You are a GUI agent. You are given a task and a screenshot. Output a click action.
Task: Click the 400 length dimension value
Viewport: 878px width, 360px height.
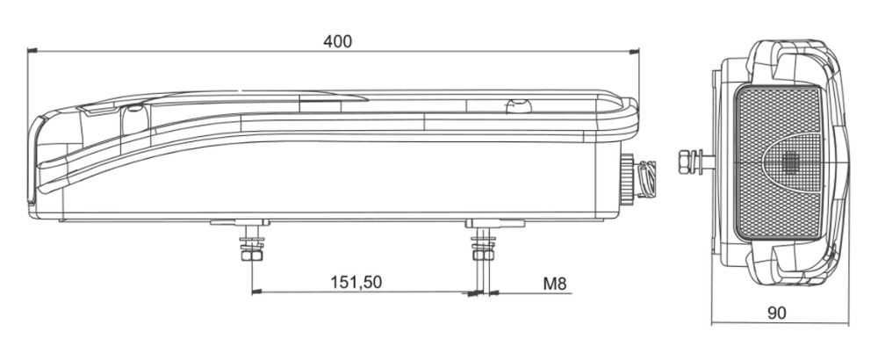(x=337, y=41)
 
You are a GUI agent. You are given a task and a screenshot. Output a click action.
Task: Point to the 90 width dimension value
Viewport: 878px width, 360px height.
(x=777, y=313)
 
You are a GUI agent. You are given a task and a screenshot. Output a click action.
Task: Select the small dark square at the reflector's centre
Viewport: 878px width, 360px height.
(x=790, y=162)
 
